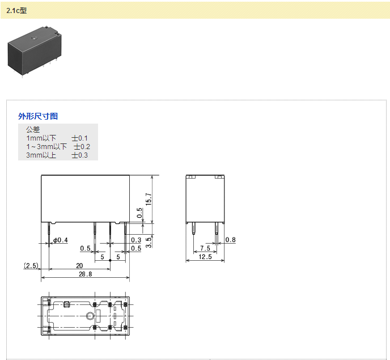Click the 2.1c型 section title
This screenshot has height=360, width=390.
[16, 11]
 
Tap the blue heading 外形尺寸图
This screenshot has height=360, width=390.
[38, 116]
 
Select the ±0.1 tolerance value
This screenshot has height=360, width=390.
[79, 138]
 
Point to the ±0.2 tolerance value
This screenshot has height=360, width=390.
[82, 147]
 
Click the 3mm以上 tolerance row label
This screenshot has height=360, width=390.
[41, 155]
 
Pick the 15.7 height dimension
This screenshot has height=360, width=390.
[149, 199]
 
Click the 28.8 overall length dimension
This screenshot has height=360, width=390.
[85, 274]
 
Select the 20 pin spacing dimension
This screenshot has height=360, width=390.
[79, 266]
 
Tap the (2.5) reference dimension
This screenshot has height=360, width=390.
[31, 266]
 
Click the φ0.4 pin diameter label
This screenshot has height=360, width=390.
[61, 240]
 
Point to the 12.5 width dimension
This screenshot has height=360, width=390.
[205, 257]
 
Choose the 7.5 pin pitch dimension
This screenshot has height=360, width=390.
[205, 248]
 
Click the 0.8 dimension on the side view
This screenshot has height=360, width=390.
[230, 240]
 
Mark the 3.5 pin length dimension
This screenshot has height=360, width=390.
[149, 243]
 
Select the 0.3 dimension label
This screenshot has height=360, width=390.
[136, 240]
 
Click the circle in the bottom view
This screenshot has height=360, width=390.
[90, 316]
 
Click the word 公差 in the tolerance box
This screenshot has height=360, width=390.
[33, 129]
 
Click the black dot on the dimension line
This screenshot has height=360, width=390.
[110, 260]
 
